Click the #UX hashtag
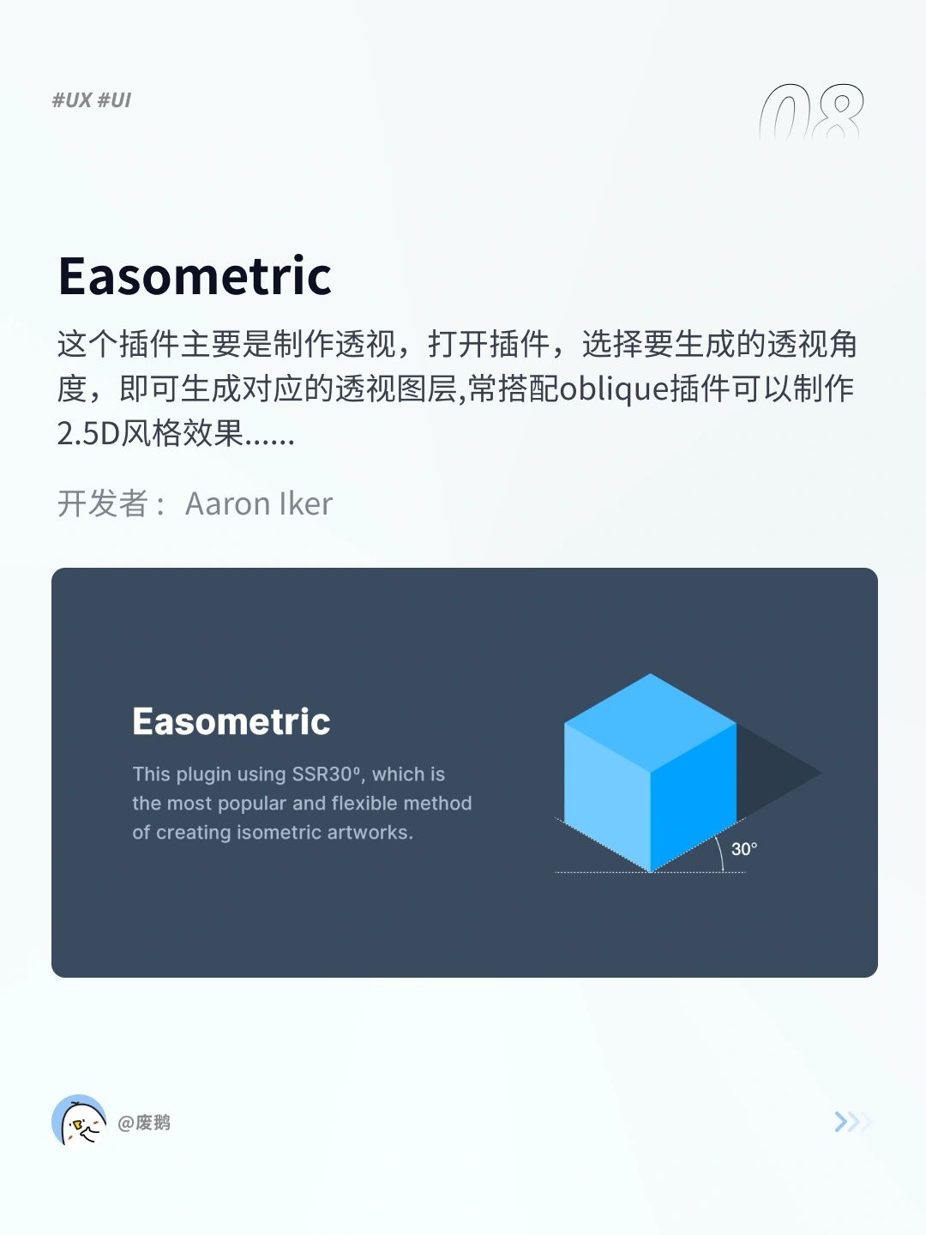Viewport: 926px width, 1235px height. (x=72, y=100)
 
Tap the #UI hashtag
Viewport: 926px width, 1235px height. (x=114, y=100)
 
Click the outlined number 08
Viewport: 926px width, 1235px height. (x=811, y=112)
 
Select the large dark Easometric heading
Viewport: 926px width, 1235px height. (x=195, y=275)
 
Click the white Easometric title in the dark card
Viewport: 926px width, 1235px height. (x=231, y=721)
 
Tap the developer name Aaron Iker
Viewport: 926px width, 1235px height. (x=259, y=503)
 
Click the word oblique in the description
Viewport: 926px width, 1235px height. (x=614, y=389)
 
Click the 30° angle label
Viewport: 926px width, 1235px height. (x=744, y=848)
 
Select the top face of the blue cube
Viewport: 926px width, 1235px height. (x=651, y=722)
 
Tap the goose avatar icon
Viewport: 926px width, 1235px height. (x=79, y=1121)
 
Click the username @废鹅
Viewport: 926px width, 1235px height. (x=144, y=1123)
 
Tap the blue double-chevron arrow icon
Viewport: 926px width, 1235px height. (x=852, y=1121)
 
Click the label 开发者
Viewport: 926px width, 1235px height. (x=103, y=503)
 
